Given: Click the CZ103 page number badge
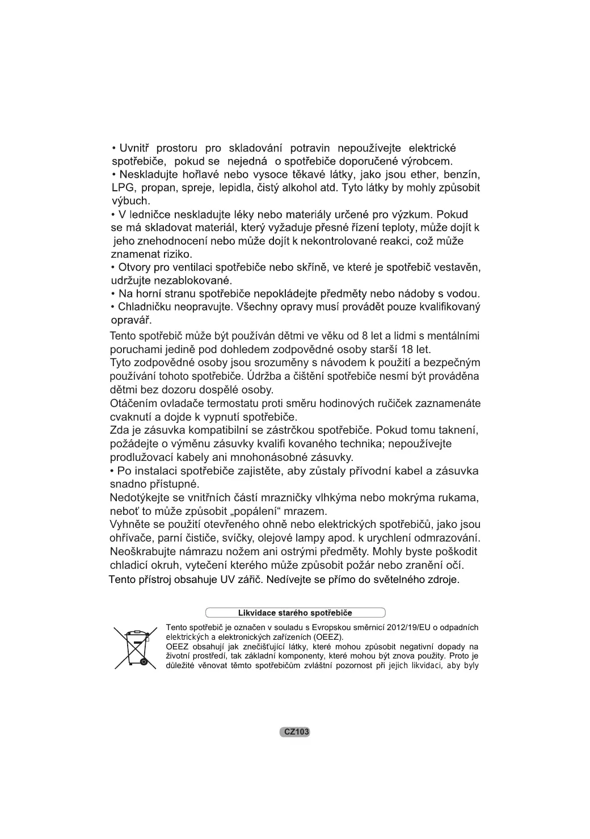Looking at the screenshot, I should tap(295, 732).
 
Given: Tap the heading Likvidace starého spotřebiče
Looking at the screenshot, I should tap(295, 613).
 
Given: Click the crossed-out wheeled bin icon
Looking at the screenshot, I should tap(135, 648).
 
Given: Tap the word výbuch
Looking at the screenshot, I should tap(130, 201).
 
